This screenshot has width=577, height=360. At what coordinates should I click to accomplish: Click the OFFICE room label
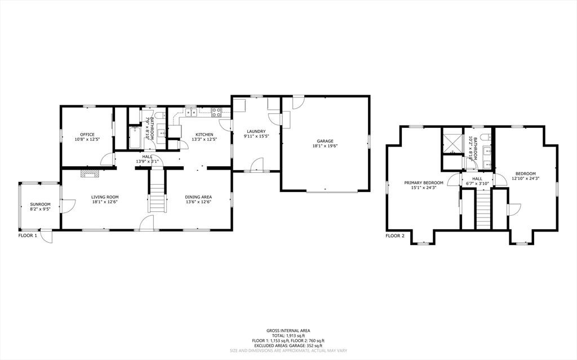tap(87, 134)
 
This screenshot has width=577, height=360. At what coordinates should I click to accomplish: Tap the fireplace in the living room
tap(88, 174)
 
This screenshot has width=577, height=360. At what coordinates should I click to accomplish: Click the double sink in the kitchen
tap(191, 113)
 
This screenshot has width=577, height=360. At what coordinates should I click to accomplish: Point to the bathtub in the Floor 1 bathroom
tap(136, 138)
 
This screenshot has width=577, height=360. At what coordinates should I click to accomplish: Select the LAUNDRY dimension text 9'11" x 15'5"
tap(256, 136)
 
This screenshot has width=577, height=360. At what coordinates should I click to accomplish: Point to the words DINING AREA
tap(198, 197)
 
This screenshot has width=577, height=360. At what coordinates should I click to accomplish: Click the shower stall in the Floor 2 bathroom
tap(451, 140)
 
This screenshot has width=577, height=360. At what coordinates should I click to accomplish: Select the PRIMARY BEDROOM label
tap(424, 183)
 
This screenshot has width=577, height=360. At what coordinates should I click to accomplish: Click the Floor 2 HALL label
tap(477, 179)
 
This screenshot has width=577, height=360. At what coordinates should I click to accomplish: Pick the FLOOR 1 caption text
tap(28, 235)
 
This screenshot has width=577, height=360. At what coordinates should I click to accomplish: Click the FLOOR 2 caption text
tap(395, 235)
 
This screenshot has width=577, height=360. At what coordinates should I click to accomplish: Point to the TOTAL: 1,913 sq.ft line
tap(288, 336)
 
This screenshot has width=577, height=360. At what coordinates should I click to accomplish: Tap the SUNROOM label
tap(40, 204)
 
